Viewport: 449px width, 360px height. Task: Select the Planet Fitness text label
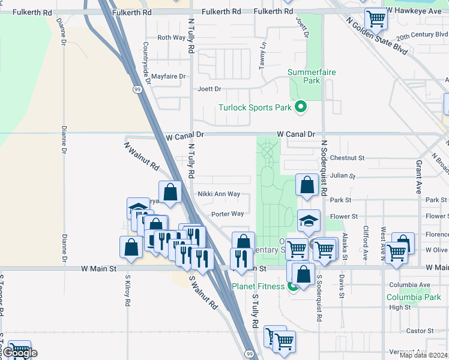(258, 286)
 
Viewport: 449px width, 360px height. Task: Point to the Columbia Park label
(413, 297)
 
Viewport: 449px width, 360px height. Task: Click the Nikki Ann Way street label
(218, 194)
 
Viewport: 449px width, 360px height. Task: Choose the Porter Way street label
(228, 214)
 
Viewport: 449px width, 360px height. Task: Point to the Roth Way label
(171, 37)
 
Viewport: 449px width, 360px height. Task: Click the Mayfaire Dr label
(169, 76)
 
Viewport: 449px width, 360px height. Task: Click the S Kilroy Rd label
(128, 290)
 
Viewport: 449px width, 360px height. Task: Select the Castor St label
(420, 331)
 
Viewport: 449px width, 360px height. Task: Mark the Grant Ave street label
(419, 176)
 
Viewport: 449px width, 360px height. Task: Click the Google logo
(19, 353)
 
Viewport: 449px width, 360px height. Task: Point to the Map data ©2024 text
(423, 355)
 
